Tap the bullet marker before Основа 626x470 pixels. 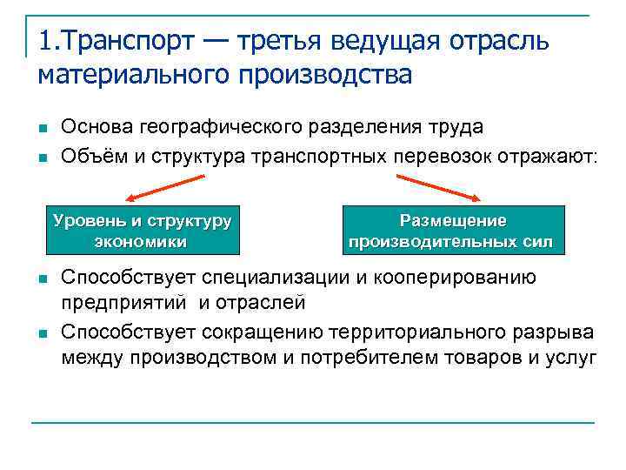pyautogui.click(x=42, y=128)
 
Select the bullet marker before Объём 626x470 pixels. pyautogui.click(x=42, y=158)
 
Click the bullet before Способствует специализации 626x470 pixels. pyautogui.click(x=42, y=279)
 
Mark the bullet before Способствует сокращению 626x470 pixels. pyautogui.click(x=42, y=333)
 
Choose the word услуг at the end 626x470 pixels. pyautogui.click(x=571, y=358)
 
